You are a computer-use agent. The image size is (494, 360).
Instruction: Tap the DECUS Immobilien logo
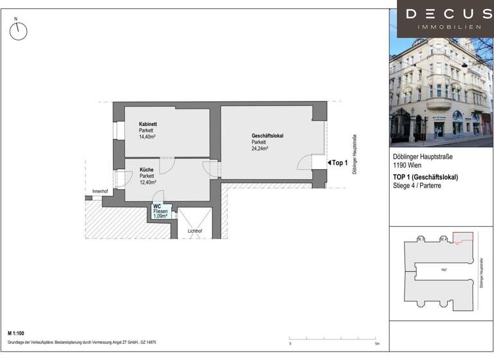441,19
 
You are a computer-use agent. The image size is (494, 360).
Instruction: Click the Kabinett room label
148,124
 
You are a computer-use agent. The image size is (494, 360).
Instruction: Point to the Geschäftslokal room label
268,136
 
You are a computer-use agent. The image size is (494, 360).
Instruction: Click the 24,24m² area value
260,148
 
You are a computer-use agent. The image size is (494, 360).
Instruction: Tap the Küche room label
147,170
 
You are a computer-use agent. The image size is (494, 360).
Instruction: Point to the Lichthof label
195,230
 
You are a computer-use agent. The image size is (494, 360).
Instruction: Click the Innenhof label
100,192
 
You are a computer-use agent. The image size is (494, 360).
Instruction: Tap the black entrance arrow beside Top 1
327,163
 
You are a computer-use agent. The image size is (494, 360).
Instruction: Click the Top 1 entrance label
340,163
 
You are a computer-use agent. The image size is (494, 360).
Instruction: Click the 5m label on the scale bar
377,344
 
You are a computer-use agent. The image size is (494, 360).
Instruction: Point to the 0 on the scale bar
290,344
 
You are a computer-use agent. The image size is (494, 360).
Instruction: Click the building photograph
441,90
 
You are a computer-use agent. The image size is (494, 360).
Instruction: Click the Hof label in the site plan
444,271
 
